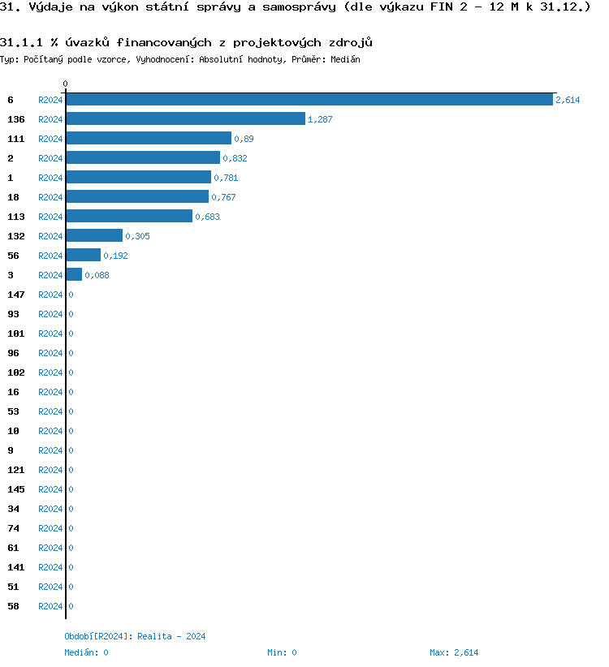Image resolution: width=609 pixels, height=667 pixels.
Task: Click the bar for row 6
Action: pos(309,100)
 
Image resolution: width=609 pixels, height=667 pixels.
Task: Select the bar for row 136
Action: pos(186,119)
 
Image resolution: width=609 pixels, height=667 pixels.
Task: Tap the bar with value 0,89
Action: pos(149,139)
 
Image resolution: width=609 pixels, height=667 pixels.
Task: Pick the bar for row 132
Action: pos(94,236)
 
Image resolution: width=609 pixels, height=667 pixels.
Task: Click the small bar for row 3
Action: pos(74,275)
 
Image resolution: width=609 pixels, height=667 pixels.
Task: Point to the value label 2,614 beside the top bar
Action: pos(568,100)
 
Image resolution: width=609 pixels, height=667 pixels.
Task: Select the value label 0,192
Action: pos(115,256)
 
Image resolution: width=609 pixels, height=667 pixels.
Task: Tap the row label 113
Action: pos(16,217)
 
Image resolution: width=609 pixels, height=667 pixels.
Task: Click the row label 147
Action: pos(16,295)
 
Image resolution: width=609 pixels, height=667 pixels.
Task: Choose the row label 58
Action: pos(13,606)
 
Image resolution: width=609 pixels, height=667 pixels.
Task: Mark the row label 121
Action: pos(16,470)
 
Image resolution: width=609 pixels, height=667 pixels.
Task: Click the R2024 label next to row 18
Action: pos(50,197)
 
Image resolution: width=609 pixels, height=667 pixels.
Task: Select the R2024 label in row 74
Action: pos(50,528)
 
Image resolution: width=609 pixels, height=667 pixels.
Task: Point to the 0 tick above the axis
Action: pos(66,84)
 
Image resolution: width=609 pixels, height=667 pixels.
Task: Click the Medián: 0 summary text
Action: pos(86,652)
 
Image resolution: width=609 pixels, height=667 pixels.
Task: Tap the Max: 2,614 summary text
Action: pos(454,652)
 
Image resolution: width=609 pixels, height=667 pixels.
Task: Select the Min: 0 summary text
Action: pos(282,652)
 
